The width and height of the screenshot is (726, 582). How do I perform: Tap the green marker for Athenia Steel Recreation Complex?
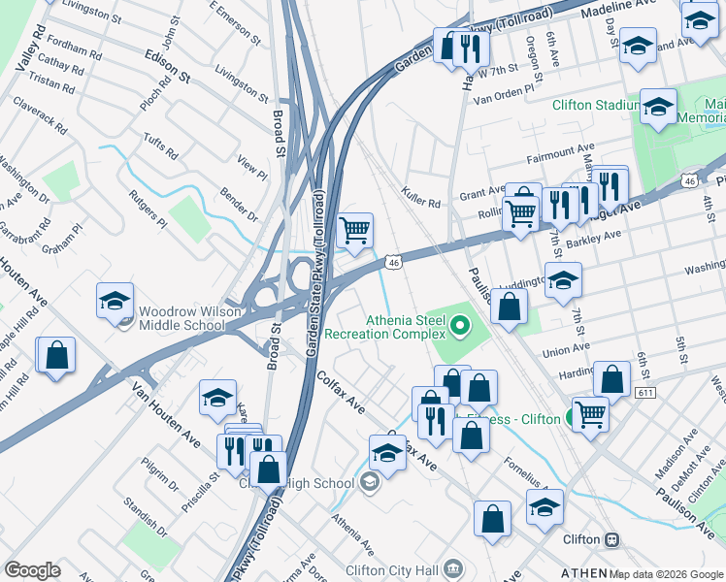pos(461,322)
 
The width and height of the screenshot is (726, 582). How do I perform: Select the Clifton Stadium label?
pos(595,106)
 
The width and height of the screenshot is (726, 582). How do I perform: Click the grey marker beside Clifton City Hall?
pos(457,569)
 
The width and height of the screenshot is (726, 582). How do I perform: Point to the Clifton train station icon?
pos(611,539)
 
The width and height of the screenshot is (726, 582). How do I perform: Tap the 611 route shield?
pos(644,393)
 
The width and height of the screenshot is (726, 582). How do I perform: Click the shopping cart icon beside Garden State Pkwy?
pos(355,231)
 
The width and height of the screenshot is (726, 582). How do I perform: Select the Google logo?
pos(32,570)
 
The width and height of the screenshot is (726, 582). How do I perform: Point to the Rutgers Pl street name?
pos(148,208)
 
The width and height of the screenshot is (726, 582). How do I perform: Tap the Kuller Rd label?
pos(420,204)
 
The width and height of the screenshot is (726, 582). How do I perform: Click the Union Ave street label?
pos(567,351)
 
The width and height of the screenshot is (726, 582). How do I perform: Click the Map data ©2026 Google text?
pos(666,573)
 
